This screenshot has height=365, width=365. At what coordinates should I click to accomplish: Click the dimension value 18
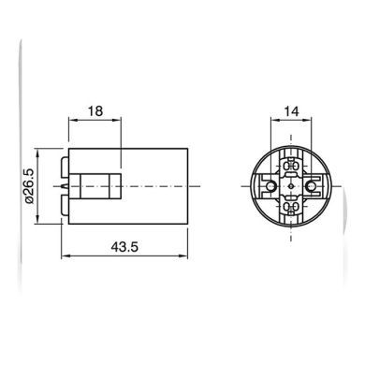click(95, 111)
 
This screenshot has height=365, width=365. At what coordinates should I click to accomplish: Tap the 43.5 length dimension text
click(124, 247)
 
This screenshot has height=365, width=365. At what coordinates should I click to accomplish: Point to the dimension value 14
click(291, 111)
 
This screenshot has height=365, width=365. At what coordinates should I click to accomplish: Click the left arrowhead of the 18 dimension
click(73, 120)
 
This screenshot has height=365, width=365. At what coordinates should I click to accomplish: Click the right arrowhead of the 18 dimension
click(117, 120)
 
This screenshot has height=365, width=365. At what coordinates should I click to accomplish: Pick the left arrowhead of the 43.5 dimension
click(66, 256)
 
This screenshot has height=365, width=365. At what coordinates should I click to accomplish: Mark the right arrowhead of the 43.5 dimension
click(183, 256)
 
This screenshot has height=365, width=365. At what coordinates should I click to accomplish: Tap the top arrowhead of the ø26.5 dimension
click(37, 153)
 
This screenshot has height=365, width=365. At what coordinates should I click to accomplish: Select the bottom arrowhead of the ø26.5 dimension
click(37, 219)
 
